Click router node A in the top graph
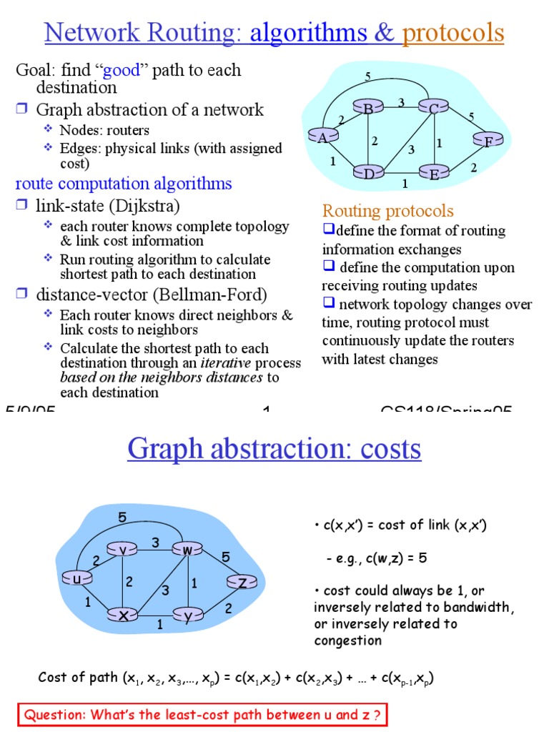point(323,137)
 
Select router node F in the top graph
point(488,142)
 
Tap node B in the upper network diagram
point(369,109)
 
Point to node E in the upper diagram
point(434,173)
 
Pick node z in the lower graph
point(243,583)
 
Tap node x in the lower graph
point(123,614)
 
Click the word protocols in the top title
point(453,33)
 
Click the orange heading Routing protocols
point(387,210)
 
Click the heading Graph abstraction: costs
point(274,449)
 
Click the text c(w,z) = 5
point(386,558)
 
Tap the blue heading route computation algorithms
point(124,184)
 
